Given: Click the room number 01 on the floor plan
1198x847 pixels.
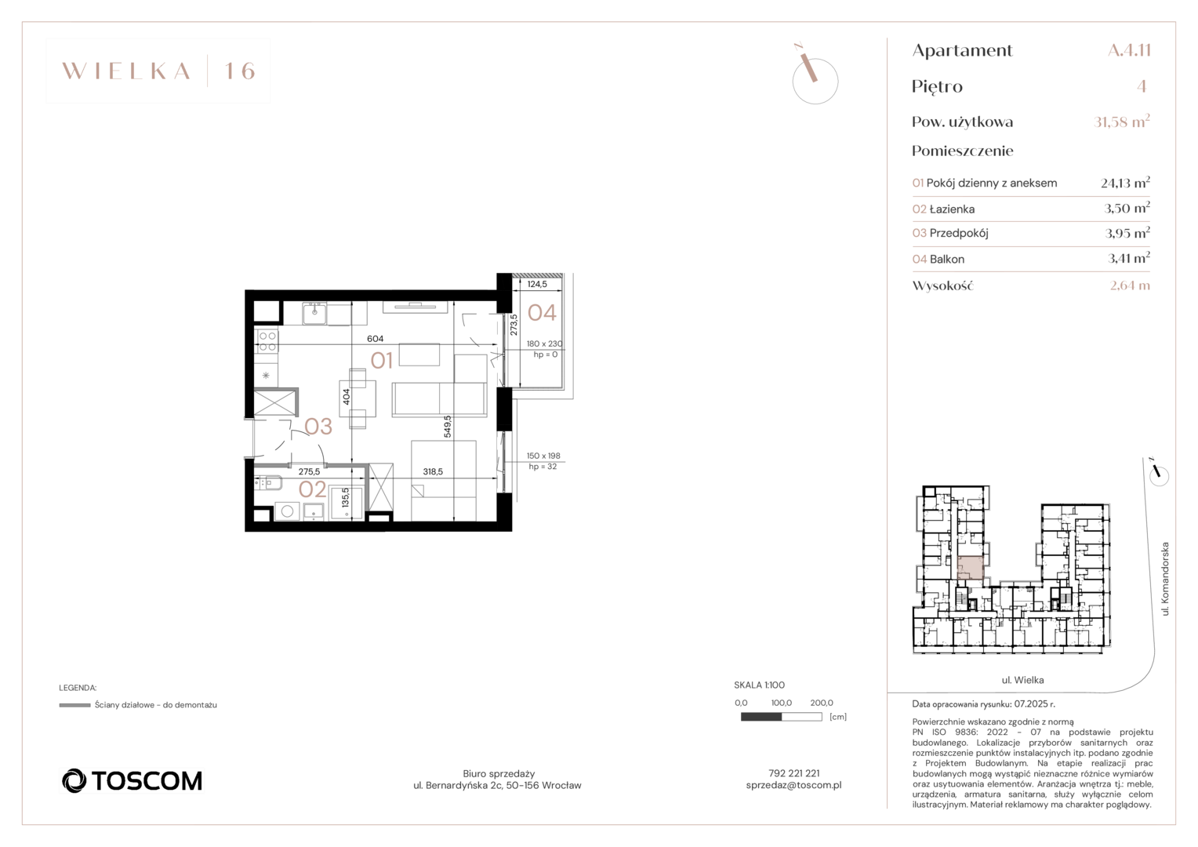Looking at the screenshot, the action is point(382,361).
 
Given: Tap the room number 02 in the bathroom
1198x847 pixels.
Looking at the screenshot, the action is point(312,489).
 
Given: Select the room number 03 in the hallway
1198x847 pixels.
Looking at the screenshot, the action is point(318,427).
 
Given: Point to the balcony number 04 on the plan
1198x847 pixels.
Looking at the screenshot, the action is point(542,312).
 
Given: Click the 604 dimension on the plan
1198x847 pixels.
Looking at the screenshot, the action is point(375,339).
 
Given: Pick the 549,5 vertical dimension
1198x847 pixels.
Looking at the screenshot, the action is point(448,427).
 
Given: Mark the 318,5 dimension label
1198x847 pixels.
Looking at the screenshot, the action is point(433,471).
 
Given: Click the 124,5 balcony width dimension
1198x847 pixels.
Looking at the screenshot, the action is point(537,284).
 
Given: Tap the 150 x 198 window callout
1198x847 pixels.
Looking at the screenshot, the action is point(543,456).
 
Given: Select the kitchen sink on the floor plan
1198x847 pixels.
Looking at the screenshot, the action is point(314,313).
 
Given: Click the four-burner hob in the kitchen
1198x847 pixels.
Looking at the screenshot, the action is point(267,341).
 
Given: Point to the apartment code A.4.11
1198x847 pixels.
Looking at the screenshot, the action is point(1129,50).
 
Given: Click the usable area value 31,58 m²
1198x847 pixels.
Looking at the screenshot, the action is point(1121,122).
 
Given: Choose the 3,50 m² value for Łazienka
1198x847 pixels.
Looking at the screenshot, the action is point(1127,208).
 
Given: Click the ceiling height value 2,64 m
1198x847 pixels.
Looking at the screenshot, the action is point(1130,285).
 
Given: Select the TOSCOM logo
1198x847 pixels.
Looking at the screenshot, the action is point(132,780).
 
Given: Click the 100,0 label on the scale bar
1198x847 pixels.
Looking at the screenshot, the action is point(782,703).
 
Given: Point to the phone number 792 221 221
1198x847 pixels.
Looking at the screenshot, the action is point(793,773).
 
